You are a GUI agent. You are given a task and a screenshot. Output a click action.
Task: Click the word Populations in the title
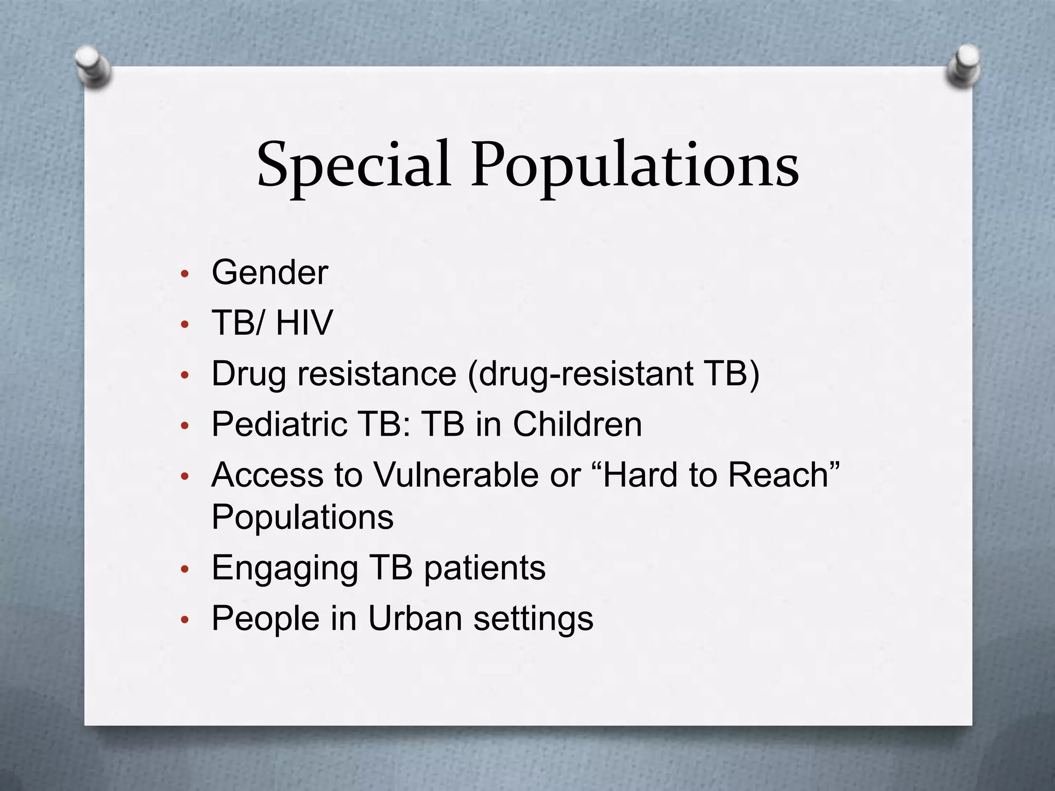(635, 165)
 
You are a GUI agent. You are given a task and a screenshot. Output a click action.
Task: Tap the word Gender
(270, 272)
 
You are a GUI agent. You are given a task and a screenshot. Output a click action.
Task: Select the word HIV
(304, 323)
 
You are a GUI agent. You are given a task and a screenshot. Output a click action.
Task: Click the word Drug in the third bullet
(249, 374)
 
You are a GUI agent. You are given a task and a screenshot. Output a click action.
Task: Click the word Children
(577, 424)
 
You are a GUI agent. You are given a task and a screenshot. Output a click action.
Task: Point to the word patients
(485, 569)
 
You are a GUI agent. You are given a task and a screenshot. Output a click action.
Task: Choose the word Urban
(415, 618)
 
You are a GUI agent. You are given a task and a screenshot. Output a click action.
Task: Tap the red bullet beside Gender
(185, 273)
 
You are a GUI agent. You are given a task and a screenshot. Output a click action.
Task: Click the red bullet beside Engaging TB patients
(185, 570)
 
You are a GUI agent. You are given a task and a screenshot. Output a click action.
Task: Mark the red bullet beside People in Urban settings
(185, 620)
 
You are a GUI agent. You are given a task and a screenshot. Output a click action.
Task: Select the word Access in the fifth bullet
(267, 475)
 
